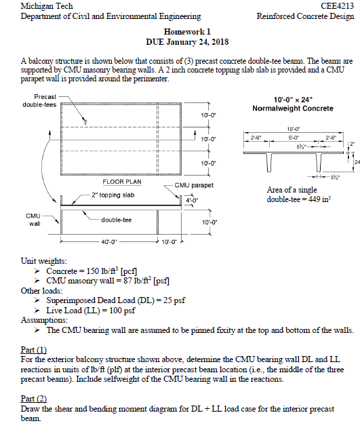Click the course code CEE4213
pyautogui.click(x=337, y=6)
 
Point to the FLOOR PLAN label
pyautogui.click(x=121, y=182)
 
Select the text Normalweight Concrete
pyautogui.click(x=292, y=108)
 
